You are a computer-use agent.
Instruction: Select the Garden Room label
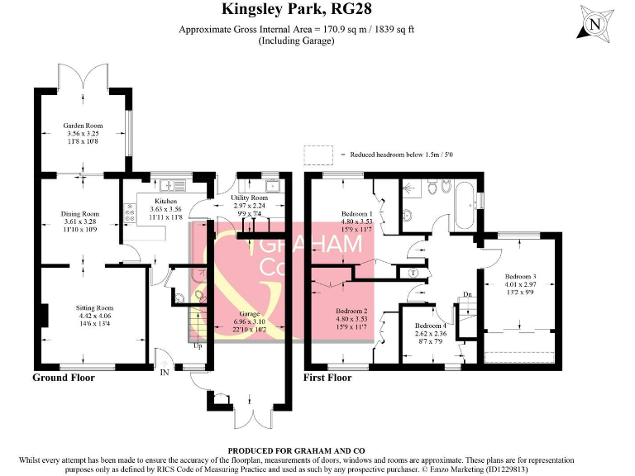pyautogui.click(x=81, y=126)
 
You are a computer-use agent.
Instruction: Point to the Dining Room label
pyautogui.click(x=79, y=214)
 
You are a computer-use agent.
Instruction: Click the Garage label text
pyautogui.click(x=249, y=315)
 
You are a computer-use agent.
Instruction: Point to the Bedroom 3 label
pyautogui.click(x=521, y=276)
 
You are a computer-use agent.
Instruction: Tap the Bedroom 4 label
pyautogui.click(x=430, y=326)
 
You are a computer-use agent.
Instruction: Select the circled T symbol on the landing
pyautogui.click(x=413, y=272)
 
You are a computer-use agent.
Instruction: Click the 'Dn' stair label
pyautogui.click(x=467, y=294)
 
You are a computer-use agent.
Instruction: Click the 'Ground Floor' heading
pyautogui.click(x=64, y=378)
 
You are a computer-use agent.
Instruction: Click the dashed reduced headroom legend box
pyautogui.click(x=317, y=154)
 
